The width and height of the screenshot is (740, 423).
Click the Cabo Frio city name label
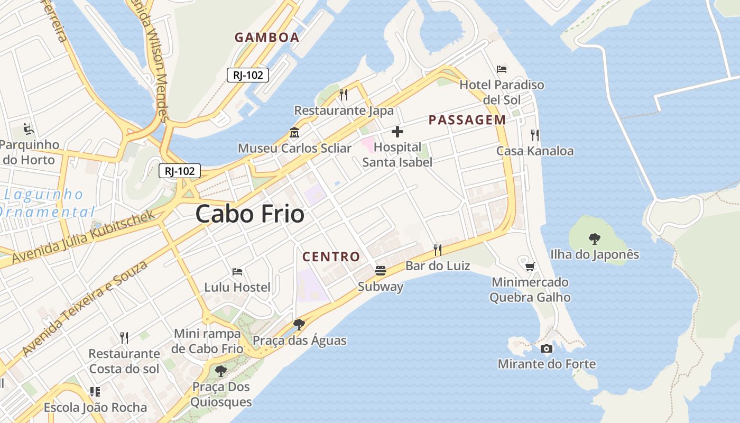coord(250,214)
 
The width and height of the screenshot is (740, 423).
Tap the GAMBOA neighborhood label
coord(267,38)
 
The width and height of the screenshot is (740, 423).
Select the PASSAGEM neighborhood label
coord(467,120)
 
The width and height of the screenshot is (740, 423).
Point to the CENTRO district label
coord(331,257)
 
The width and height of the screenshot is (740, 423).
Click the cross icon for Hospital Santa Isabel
coord(397,132)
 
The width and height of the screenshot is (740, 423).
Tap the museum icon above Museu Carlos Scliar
coord(294,132)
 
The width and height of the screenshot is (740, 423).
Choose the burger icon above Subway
coord(381,271)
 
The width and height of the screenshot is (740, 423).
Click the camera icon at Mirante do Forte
coord(547,348)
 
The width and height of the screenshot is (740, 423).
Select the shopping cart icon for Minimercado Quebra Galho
coord(530,266)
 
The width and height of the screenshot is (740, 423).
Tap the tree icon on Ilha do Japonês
coord(595,238)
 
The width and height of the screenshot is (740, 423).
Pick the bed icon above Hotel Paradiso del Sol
coord(502,69)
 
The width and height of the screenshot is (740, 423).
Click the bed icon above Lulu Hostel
coord(237,272)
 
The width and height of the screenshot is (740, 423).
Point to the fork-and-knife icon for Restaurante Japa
coord(344,94)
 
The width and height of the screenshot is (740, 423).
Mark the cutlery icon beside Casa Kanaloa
coord(535,135)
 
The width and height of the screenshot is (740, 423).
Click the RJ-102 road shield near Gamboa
coord(248,75)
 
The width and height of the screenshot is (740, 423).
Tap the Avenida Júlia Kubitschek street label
coord(85,236)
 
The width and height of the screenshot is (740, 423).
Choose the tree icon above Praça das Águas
coord(299,324)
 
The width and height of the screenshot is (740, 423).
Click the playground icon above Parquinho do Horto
coord(29,128)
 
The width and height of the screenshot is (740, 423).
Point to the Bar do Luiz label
coord(438,266)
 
